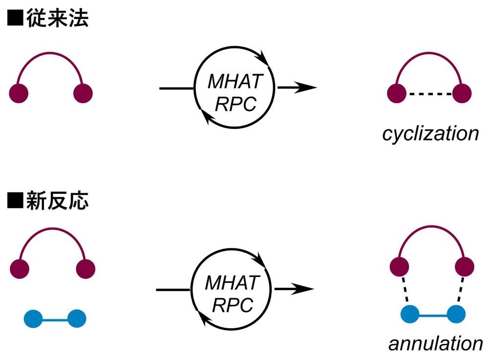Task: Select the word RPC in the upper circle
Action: coord(236,104)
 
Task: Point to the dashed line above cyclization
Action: coord(429,93)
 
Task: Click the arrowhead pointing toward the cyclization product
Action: coord(307,88)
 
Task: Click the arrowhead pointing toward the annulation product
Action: coord(304,289)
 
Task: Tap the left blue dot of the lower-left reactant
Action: coord(33,319)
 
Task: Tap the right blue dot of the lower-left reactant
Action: coord(76,319)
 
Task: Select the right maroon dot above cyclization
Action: coord(461,93)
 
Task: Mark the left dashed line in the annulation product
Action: coord(404,292)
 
